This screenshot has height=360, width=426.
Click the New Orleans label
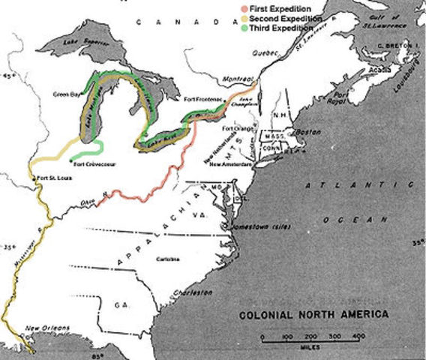tap(48, 328)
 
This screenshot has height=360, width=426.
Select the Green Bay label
tap(66, 94)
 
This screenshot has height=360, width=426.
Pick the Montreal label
tap(237, 78)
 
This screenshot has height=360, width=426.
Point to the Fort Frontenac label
tap(200, 99)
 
